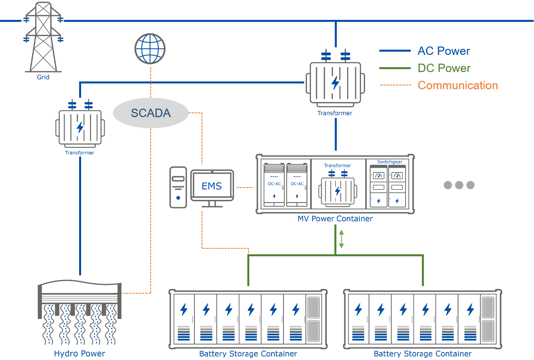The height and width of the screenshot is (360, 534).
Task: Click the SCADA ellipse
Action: pos(151,113)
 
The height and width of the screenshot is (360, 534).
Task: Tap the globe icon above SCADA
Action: pos(150,48)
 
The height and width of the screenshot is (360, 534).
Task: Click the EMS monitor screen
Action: pos(212,186)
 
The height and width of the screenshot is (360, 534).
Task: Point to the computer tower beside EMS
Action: pos(178,187)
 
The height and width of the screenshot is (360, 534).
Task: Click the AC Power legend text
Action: pos(444,51)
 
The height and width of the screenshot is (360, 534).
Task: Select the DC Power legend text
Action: pos(444,68)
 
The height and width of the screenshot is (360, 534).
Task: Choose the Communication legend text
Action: pos(458,85)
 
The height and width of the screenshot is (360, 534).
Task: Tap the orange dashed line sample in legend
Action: pos(395,85)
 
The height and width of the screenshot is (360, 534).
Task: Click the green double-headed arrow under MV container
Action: pos(341,239)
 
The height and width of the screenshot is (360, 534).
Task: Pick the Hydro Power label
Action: pos(80,354)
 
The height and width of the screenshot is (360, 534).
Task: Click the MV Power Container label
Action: pos(335,219)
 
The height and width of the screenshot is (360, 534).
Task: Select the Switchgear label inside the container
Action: pos(390,162)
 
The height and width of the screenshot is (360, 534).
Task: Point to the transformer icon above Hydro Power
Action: pos(80,127)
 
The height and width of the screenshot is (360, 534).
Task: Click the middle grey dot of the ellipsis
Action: pos(459,185)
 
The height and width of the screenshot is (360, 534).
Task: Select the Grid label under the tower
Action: pos(43,77)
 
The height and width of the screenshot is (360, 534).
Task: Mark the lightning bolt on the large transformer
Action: pos(336,83)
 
